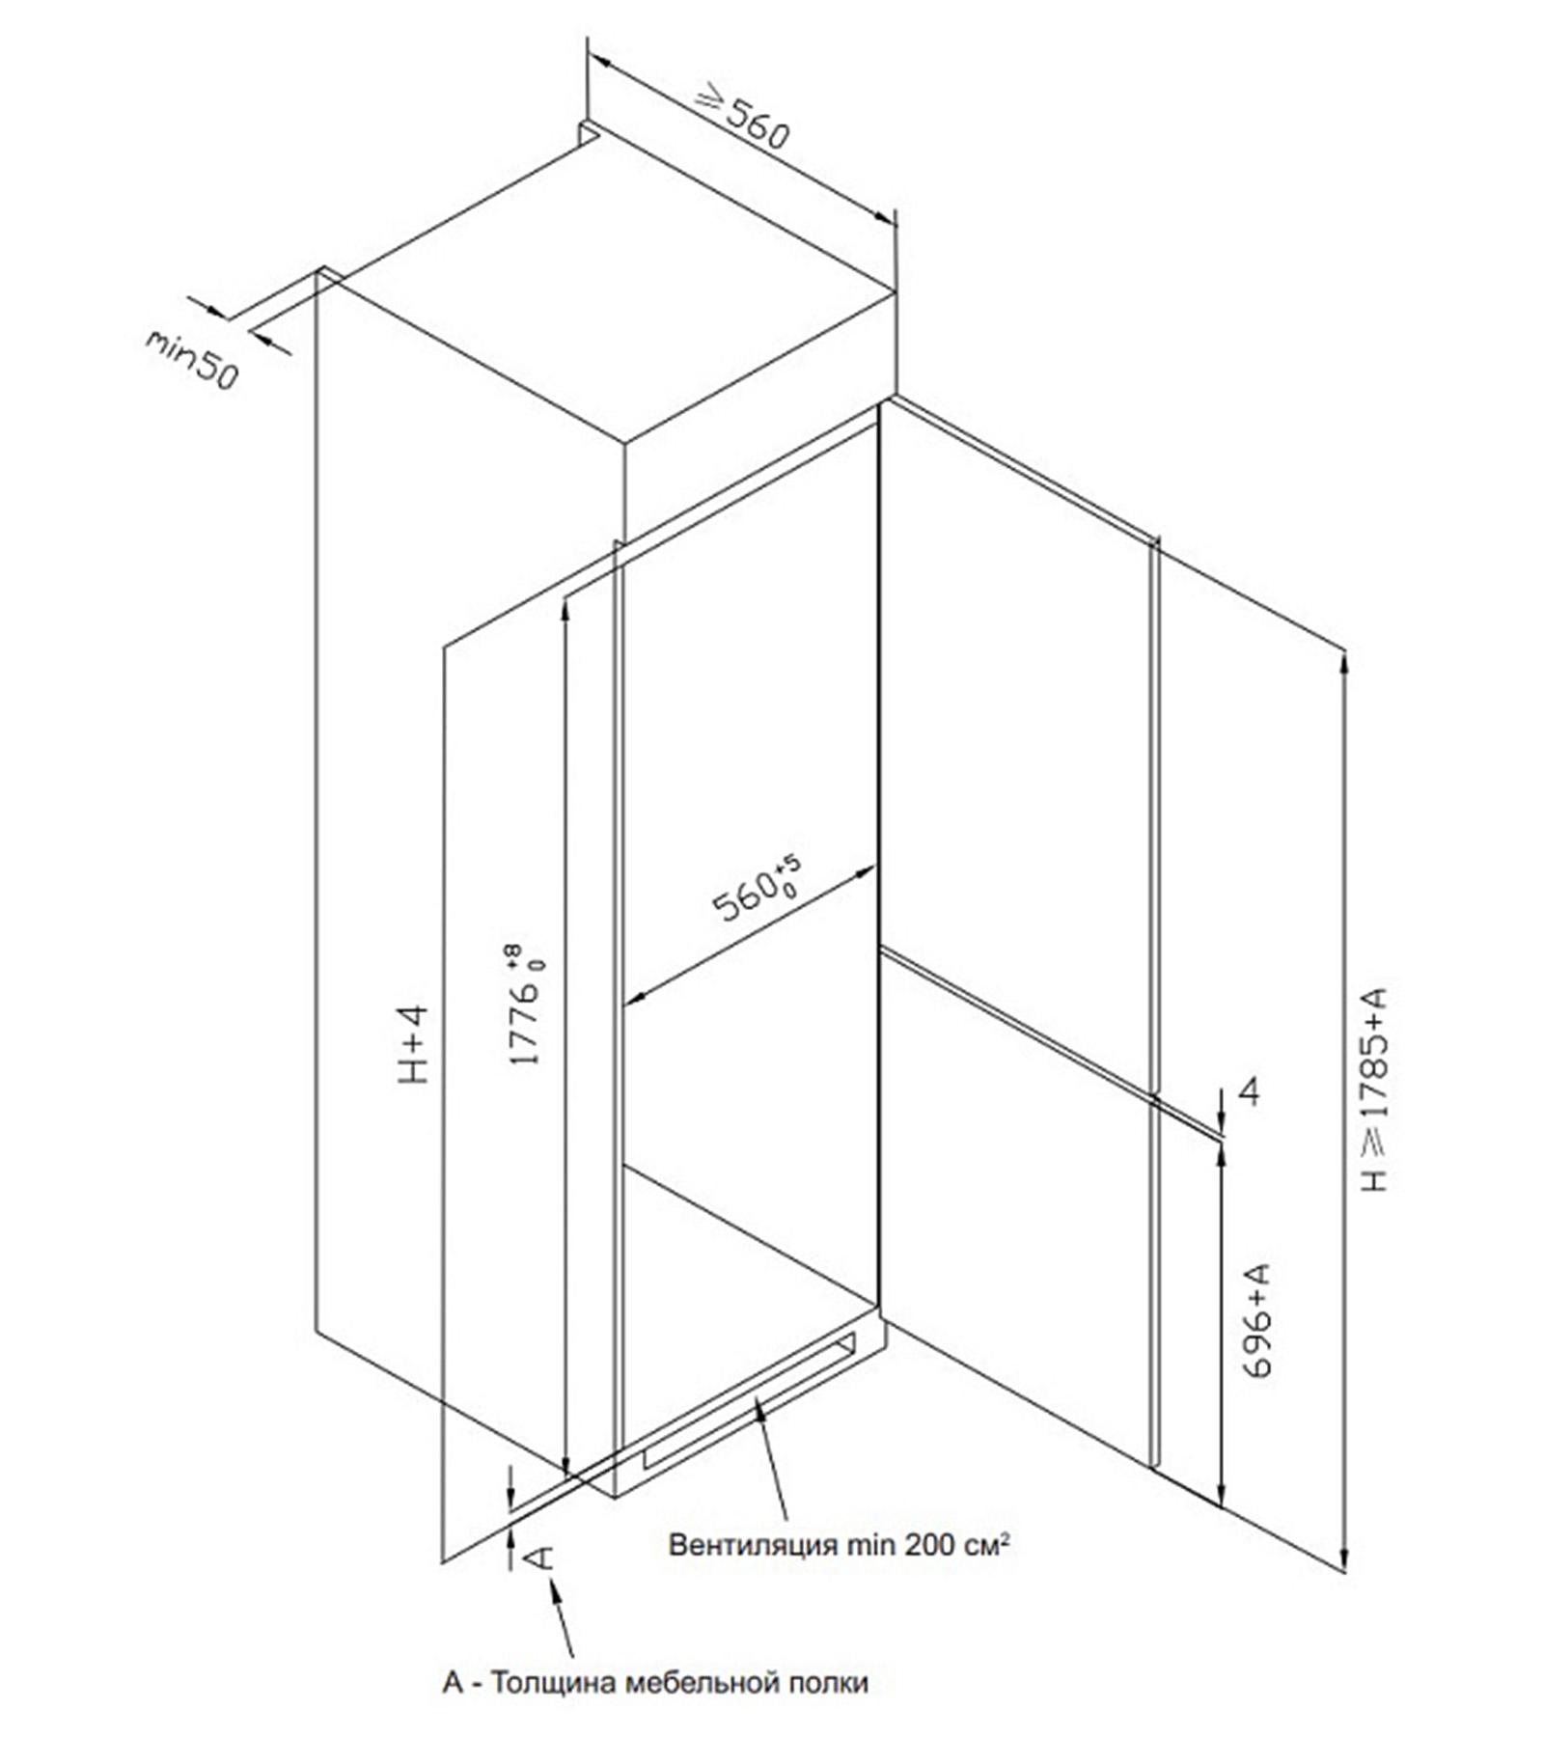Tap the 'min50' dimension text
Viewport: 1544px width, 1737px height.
pyautogui.click(x=191, y=360)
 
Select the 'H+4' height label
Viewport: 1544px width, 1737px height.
pyautogui.click(x=413, y=1043)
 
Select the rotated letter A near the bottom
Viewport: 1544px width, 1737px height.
pyautogui.click(x=540, y=1557)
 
